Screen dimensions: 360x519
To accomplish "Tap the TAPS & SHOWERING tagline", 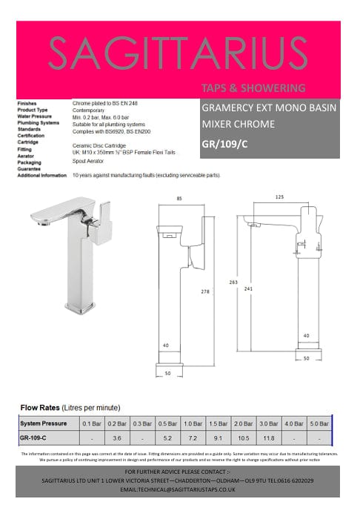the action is click(x=253, y=89).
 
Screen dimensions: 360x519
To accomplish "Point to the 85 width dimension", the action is click(x=180, y=198).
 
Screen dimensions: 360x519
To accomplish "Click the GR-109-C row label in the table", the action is click(x=34, y=438).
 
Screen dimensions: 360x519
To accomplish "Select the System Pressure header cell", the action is click(x=44, y=423).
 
